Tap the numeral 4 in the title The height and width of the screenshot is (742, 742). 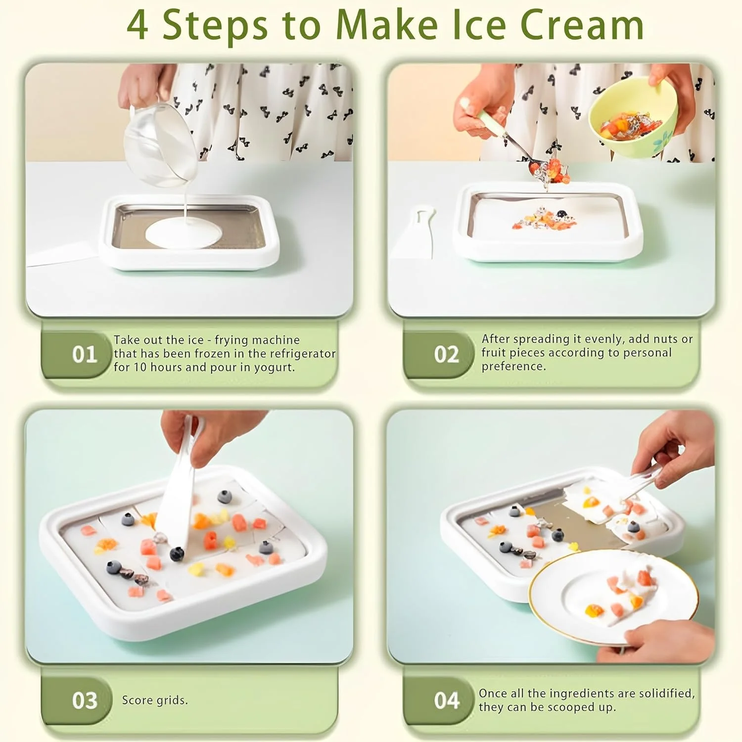(137, 25)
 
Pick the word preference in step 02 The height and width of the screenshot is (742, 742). (514, 367)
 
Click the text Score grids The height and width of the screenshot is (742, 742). (155, 700)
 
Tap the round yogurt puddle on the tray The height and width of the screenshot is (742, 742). (184, 232)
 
